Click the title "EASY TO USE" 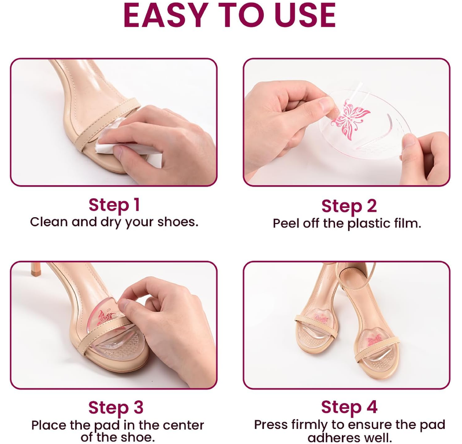(x=229, y=16)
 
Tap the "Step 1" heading (x=114, y=205)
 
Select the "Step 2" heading (x=349, y=206)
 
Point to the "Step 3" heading (x=115, y=407)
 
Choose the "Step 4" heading (x=349, y=407)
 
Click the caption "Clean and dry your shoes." (x=114, y=222)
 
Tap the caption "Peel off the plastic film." (x=347, y=223)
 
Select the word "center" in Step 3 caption (x=181, y=426)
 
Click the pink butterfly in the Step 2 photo (x=350, y=117)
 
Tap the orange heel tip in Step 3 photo (x=36, y=268)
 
